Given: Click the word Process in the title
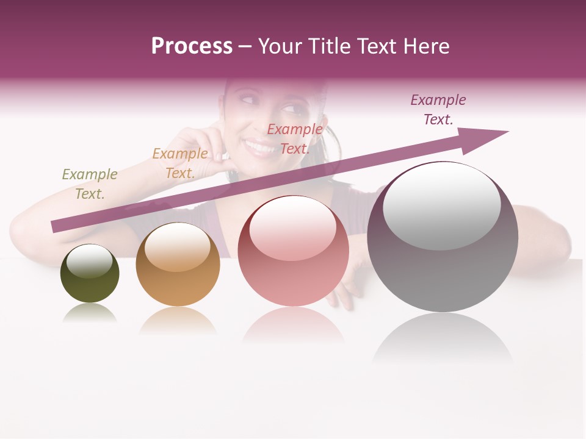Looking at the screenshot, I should [192, 46].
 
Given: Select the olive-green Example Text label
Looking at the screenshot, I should [90, 184].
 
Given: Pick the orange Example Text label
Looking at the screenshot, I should [180, 163].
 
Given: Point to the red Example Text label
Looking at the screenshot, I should [295, 139].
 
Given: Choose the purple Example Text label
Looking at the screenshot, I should [438, 110].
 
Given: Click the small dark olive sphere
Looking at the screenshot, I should [90, 274].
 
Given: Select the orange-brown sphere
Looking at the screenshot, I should [178, 265].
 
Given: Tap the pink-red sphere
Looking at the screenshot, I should [293, 251].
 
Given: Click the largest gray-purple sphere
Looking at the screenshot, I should [443, 237].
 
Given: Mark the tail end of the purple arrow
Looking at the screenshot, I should [56, 226].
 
